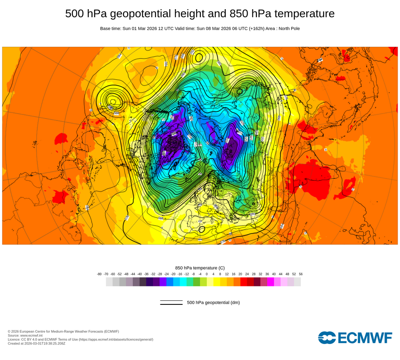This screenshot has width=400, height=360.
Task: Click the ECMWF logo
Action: [x=355, y=338]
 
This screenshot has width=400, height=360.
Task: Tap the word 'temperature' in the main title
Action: [x=302, y=14]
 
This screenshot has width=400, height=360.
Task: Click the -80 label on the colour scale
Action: [x=99, y=274]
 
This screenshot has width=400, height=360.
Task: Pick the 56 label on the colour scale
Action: [x=300, y=274]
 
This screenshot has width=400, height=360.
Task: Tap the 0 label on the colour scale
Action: [x=206, y=274]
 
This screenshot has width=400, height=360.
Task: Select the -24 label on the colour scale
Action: [x=166, y=274]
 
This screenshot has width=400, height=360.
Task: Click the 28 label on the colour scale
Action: [x=254, y=274]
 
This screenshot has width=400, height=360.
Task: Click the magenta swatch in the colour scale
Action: [x=270, y=282]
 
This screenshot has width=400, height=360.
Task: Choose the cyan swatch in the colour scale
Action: [x=183, y=282]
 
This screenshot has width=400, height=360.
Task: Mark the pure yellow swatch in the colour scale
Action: [x=217, y=282]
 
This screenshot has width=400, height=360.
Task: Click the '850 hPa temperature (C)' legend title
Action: [x=200, y=268]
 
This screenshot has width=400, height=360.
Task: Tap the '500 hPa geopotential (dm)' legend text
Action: [x=213, y=302]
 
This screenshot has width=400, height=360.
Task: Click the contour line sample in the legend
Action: [x=171, y=302]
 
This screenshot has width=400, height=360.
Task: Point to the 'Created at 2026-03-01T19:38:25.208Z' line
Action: [x=36, y=344]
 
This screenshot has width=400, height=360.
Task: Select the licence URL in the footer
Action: [x=116, y=340]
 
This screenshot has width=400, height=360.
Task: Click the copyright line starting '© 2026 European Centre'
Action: [x=63, y=332]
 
